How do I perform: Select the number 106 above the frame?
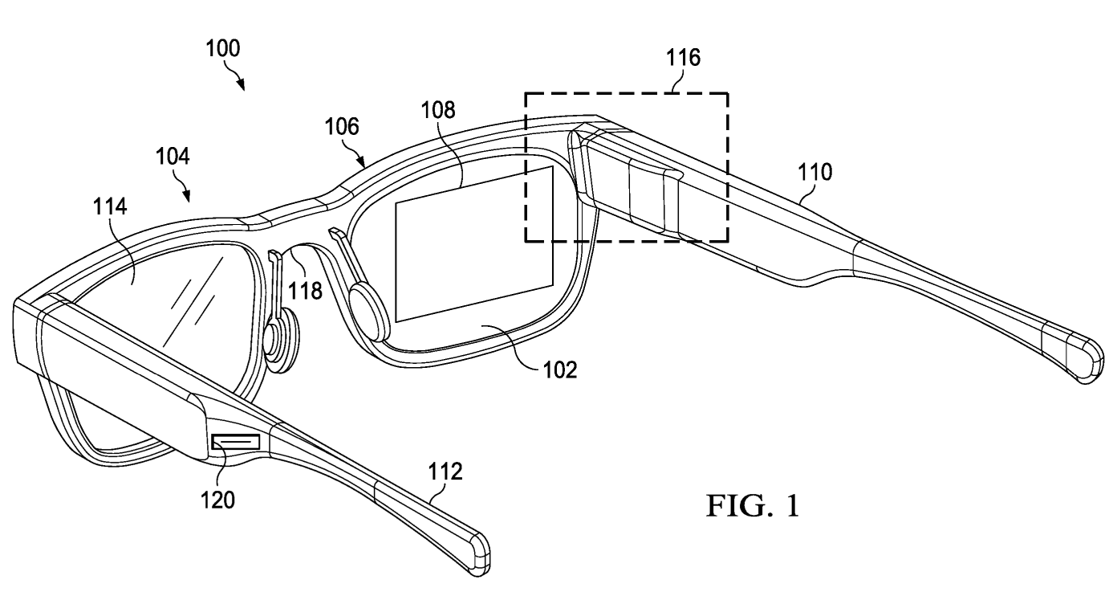point(343,127)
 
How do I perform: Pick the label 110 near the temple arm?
point(814,171)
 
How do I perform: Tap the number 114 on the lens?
point(110,207)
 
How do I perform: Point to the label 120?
point(217,500)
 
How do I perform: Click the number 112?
point(447,472)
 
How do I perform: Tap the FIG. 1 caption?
point(752,507)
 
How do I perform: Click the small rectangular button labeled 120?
point(235,443)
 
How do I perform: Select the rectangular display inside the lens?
point(474,240)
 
